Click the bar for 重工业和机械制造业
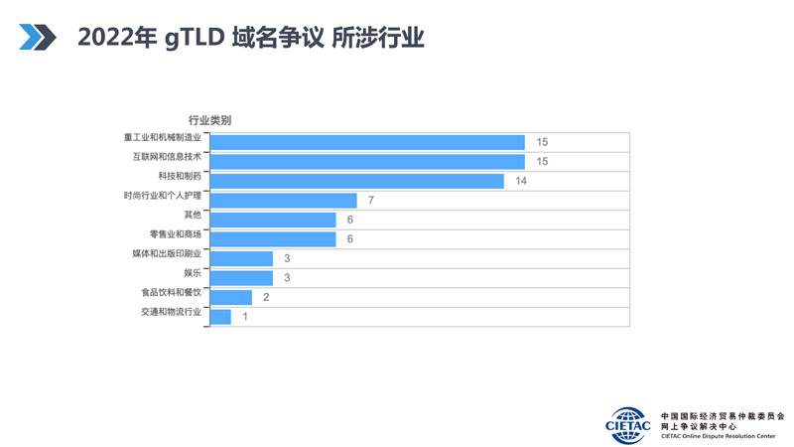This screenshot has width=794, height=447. pos(367,142)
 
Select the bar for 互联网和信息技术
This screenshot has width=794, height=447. pos(367,161)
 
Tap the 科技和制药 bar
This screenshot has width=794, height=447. pos(357,181)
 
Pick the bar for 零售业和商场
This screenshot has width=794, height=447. pos(274,238)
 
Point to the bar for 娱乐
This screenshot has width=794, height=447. pos(242,278)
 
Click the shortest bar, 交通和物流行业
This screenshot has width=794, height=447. pos(221,317)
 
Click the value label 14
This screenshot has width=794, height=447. pos(521,181)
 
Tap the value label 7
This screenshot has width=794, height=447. pos(371,201)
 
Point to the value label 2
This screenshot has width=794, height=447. pos(266,297)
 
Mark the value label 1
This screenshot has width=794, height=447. pos(245,317)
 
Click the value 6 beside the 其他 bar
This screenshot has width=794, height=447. pos(350,220)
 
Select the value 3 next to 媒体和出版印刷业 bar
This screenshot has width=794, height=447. pos(287,258)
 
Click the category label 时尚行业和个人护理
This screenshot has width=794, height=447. pos(162,196)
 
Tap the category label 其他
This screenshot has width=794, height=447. pos(192,215)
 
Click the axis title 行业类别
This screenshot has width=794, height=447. pos(209,120)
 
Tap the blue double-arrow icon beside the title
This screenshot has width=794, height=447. pos(38,38)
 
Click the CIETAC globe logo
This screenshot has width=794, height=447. pos(628,420)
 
